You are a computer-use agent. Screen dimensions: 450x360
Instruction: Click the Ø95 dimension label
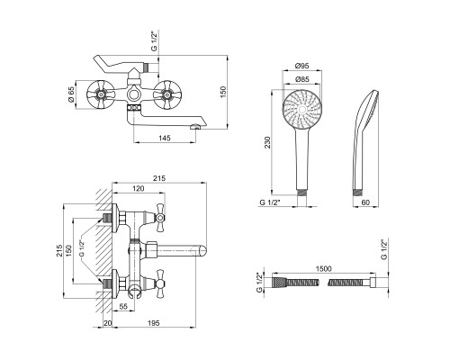[301, 66]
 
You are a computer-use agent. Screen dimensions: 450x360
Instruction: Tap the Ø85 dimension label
[301, 79]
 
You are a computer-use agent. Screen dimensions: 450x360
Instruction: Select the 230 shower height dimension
[267, 142]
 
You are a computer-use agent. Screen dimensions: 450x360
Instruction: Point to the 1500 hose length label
[324, 268]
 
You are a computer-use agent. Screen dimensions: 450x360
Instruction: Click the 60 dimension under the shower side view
[365, 202]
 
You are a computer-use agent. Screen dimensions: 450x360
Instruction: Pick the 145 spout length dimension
[165, 138]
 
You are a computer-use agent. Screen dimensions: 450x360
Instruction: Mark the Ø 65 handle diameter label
[71, 94]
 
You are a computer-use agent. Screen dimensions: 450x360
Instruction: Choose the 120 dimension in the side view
[139, 188]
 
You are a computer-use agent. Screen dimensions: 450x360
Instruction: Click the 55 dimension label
[123, 306]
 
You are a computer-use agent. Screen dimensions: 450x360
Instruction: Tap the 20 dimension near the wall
[107, 323]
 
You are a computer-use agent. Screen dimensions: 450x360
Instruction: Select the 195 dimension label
[154, 323]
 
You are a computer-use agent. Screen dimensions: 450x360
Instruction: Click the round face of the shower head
[302, 109]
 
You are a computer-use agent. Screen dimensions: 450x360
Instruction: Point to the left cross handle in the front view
[100, 95]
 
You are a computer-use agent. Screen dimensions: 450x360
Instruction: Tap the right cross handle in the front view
[166, 95]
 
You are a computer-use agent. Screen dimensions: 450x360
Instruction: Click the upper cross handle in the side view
[160, 218]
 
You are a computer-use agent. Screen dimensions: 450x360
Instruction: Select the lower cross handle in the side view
[160, 283]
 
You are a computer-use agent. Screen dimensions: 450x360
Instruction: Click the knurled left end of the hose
[279, 283]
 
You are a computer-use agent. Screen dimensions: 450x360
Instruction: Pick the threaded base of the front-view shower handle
[301, 193]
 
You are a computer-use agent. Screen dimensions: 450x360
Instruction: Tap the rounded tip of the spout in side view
[202, 251]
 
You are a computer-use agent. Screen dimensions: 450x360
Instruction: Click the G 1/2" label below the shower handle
[270, 202]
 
